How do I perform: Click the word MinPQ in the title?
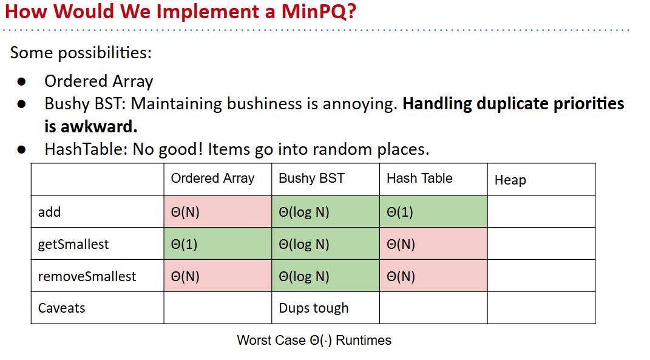click(319, 11)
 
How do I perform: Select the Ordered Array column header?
click(212, 178)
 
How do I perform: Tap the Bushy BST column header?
click(311, 178)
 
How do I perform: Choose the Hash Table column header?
click(419, 178)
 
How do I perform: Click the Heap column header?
click(510, 180)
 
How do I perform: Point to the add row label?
click(49, 212)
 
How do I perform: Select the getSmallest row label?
click(73, 244)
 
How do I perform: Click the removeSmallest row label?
click(87, 276)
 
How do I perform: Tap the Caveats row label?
click(61, 308)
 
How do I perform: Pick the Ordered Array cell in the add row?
click(218, 211)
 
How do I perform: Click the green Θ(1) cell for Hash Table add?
click(433, 211)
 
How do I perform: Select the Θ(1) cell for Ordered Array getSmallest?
click(218, 244)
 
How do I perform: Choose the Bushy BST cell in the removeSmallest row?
click(325, 276)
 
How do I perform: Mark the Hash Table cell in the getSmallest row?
click(433, 244)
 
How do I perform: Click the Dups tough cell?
click(314, 308)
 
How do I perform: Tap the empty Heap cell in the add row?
click(541, 211)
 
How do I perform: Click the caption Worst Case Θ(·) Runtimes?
click(314, 340)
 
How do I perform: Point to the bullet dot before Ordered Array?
click(22, 81)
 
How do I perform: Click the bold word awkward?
click(99, 126)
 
